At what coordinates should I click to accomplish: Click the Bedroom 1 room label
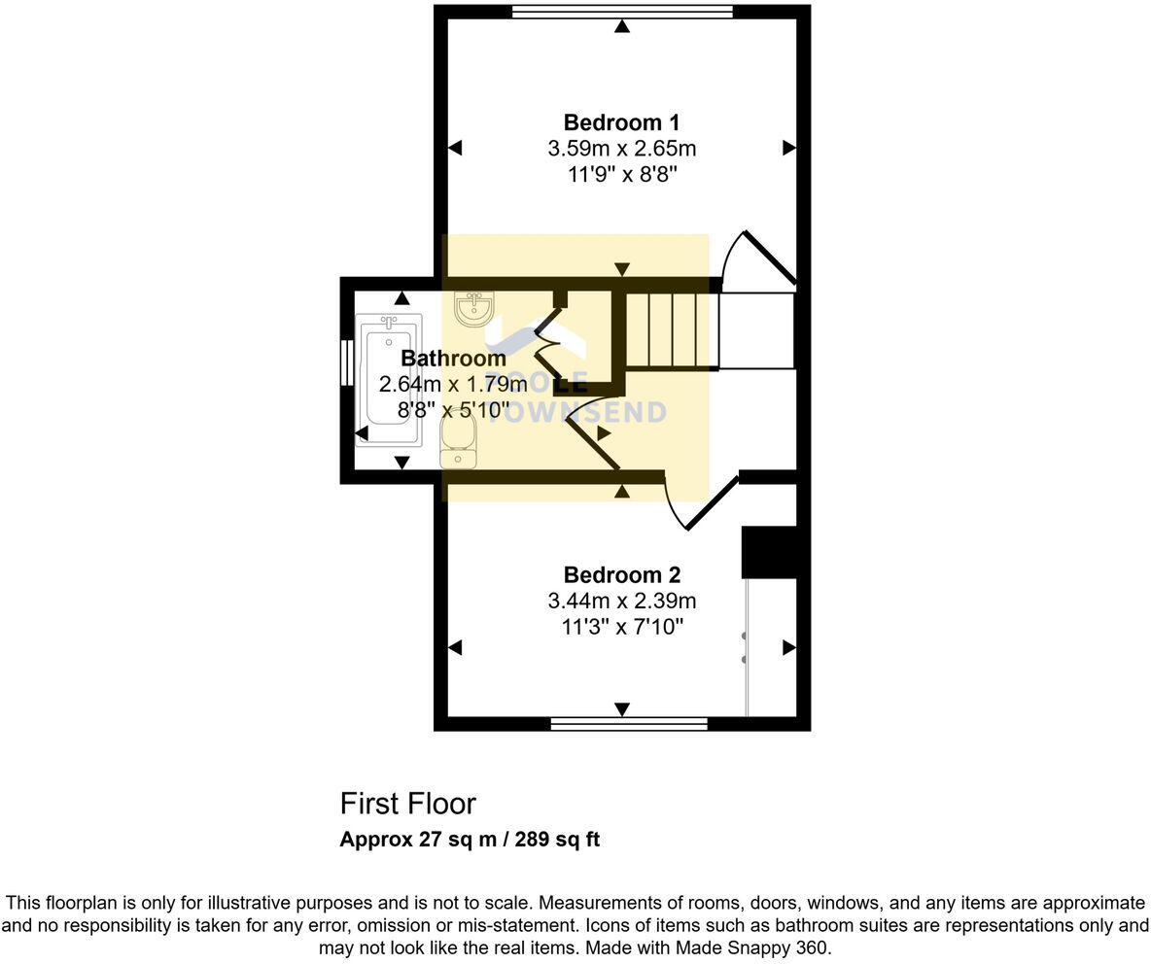click(x=621, y=123)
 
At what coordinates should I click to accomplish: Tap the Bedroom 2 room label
click(x=621, y=574)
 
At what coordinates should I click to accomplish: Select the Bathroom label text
click(x=453, y=359)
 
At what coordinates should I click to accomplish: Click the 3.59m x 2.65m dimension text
click(x=621, y=149)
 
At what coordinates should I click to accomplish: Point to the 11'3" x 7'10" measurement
click(x=621, y=627)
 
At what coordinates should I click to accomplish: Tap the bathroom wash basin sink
click(x=475, y=308)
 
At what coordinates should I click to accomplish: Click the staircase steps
click(x=670, y=330)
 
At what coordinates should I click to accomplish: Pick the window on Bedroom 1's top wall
click(x=622, y=12)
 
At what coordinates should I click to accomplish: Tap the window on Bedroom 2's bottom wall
click(x=629, y=724)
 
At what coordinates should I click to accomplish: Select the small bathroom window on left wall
click(x=345, y=362)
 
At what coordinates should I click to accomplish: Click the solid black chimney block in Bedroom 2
click(x=769, y=552)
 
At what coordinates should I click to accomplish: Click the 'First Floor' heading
click(x=407, y=804)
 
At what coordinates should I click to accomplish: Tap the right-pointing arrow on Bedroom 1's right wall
click(x=788, y=148)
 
